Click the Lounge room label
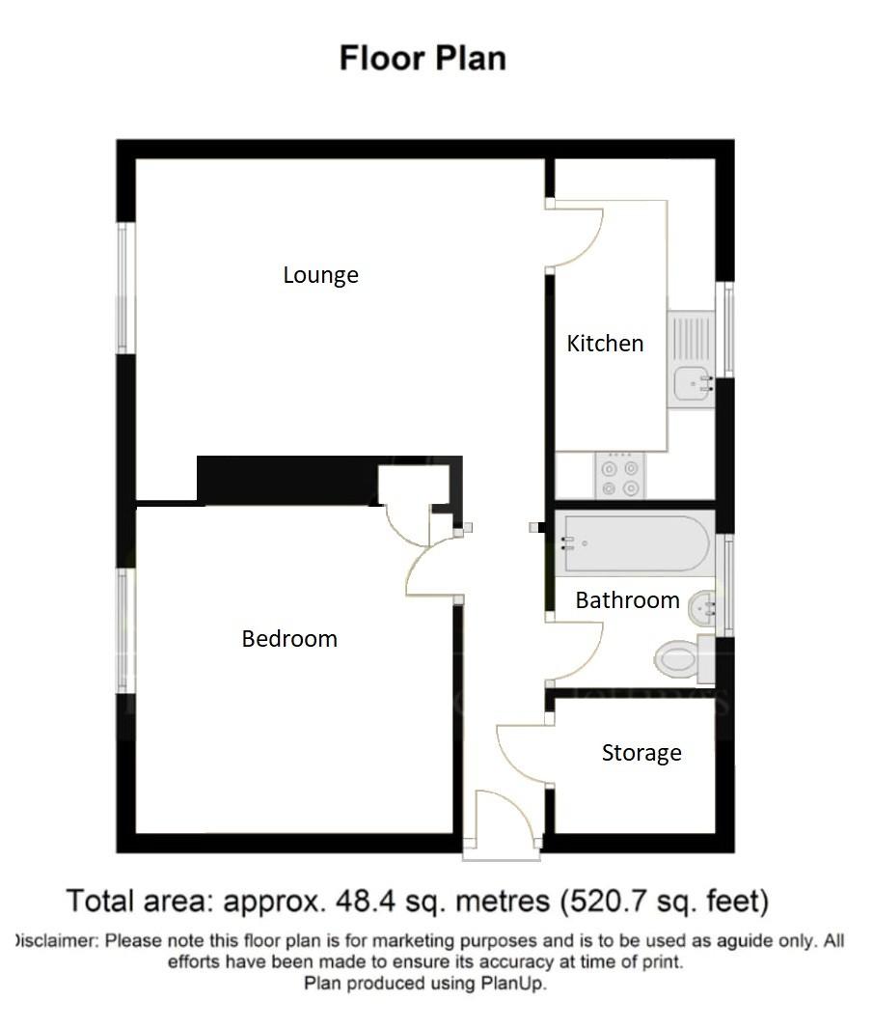pos(320,275)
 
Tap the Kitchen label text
pos(605,344)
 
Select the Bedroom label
pos(289,639)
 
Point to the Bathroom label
pos(627,600)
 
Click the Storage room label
pos(641,753)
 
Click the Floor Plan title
pos(423,58)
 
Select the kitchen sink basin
pos(692,382)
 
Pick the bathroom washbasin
pos(703,607)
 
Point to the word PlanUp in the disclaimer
pos(520,985)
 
